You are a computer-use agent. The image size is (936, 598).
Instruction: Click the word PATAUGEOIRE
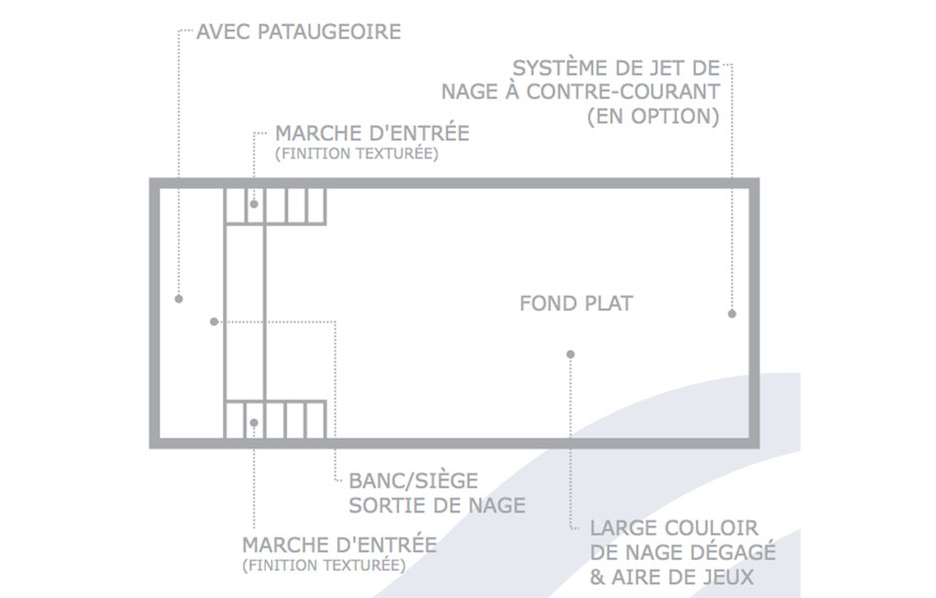[x=329, y=32]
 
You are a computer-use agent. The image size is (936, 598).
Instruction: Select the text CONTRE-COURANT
[x=622, y=92]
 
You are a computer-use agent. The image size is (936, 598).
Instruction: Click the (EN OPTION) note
[x=653, y=116]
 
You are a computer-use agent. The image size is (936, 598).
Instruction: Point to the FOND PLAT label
[x=577, y=303]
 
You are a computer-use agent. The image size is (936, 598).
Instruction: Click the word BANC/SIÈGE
[x=413, y=480]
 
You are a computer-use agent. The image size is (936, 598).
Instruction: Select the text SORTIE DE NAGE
[x=437, y=505]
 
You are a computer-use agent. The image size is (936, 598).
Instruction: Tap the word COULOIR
[x=711, y=528]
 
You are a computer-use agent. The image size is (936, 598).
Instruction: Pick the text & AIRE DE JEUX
[x=671, y=577]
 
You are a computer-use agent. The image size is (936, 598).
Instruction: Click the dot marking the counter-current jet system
[x=732, y=314]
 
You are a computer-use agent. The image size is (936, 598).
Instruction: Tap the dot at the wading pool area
[x=178, y=299]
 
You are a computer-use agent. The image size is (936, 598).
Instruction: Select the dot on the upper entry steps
[x=254, y=204]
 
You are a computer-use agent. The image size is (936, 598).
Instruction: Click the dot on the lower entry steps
[x=254, y=423]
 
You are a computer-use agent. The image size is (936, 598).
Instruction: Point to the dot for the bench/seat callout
[x=214, y=321]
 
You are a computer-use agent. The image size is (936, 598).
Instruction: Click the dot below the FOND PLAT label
[x=571, y=354]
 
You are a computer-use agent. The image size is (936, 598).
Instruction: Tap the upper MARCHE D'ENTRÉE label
[x=371, y=133]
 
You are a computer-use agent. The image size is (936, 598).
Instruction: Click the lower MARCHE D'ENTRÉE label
[x=340, y=545]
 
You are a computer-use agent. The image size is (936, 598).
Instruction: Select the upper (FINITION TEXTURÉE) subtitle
[x=356, y=153]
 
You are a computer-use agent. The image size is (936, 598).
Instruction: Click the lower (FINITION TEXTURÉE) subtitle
[x=324, y=565]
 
